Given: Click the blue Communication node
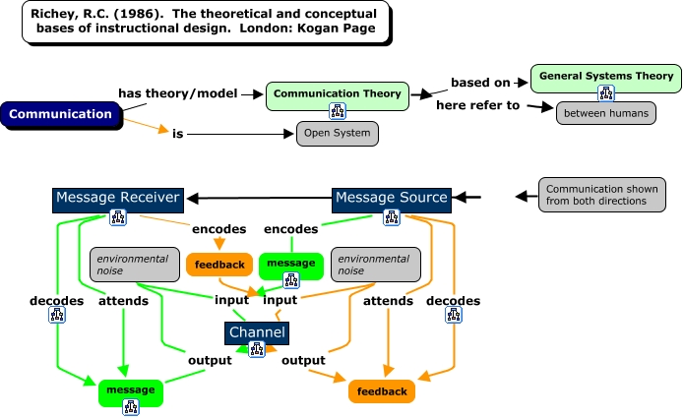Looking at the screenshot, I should pyautogui.click(x=61, y=114).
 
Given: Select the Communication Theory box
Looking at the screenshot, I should pyautogui.click(x=337, y=94).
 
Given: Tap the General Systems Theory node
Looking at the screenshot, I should pyautogui.click(x=604, y=76).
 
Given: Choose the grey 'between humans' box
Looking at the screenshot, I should pyautogui.click(x=605, y=113).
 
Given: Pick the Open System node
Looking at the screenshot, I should pyautogui.click(x=337, y=134).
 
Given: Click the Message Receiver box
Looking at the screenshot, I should pyautogui.click(x=117, y=198).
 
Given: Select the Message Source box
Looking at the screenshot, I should pyautogui.click(x=391, y=198).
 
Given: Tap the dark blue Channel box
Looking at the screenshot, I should pyautogui.click(x=257, y=332).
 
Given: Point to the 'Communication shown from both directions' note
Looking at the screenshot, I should pyautogui.click(x=595, y=194).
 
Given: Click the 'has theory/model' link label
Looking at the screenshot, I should pyautogui.click(x=178, y=92).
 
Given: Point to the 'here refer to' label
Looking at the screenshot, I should pyautogui.click(x=478, y=105).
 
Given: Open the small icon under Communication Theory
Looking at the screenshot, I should pyautogui.click(x=338, y=109).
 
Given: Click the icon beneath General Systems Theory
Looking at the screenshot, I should pyautogui.click(x=605, y=92).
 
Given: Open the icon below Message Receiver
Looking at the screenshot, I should pyautogui.click(x=117, y=217).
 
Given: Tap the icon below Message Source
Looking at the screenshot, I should pyautogui.click(x=391, y=217).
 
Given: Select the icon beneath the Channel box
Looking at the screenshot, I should pyautogui.click(x=257, y=347).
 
